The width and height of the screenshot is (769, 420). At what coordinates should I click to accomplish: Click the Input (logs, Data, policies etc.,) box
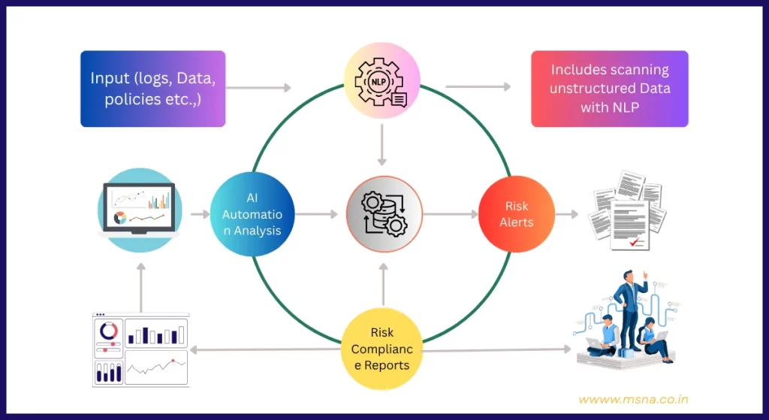pyautogui.click(x=152, y=89)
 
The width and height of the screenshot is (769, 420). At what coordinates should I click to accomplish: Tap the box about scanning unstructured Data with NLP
pyautogui.click(x=609, y=89)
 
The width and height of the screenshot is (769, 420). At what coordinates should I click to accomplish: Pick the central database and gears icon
pyautogui.click(x=384, y=214)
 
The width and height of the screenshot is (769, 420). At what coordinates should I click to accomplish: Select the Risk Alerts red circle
pyautogui.click(x=516, y=214)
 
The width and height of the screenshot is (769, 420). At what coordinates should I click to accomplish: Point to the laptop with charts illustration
pyautogui.click(x=139, y=207)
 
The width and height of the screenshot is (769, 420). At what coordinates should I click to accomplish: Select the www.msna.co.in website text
pyautogui.click(x=633, y=400)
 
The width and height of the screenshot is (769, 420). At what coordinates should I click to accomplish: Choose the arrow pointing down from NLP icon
pyautogui.click(x=382, y=145)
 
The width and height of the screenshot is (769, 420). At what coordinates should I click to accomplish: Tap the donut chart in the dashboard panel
pyautogui.click(x=108, y=330)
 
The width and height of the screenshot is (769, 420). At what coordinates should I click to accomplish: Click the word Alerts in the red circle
pyautogui.click(x=516, y=222)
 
